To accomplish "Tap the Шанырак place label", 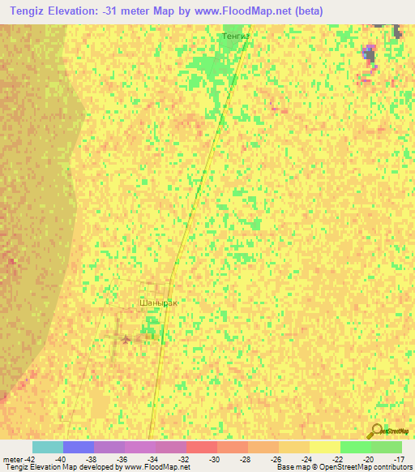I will click(x=157, y=302).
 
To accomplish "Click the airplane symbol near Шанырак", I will click(x=125, y=339).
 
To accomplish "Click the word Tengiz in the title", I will click(x=27, y=11).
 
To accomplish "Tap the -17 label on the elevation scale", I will click(x=399, y=458).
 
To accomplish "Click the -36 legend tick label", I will click(x=122, y=458).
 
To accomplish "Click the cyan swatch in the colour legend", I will click(x=48, y=447).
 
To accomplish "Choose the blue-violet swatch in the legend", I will click(x=79, y=447).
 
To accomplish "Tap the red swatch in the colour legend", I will click(x=201, y=447).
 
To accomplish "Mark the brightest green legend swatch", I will click(x=355, y=447).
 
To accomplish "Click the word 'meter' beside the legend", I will click(x=11, y=458).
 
